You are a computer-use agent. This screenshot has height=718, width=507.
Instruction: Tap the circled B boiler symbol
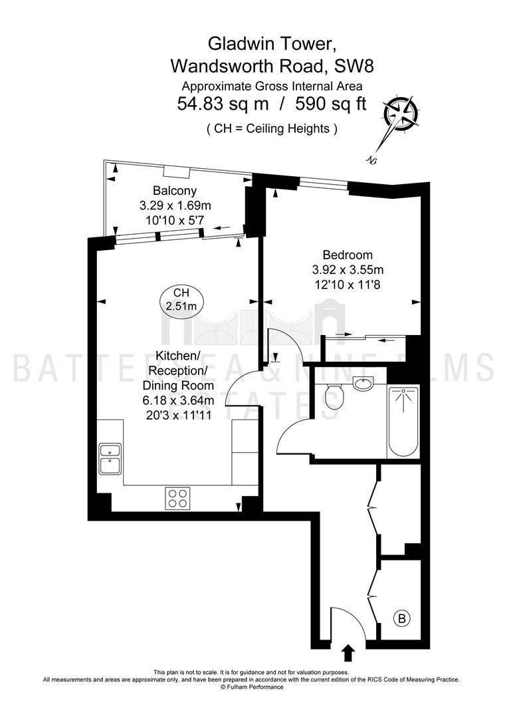tap(402, 619)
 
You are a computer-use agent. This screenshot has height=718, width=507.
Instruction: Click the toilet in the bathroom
tap(334, 396)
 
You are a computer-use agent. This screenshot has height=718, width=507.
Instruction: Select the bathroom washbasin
tap(363, 383)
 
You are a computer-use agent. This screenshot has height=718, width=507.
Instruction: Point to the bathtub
tap(403, 421)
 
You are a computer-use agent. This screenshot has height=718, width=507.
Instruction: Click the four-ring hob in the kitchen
tap(178, 498)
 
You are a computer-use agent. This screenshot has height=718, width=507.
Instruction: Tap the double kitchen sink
tap(110, 458)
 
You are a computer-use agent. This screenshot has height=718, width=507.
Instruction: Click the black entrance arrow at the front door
tap(348, 653)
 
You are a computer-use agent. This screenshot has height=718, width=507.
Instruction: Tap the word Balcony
tap(175, 191)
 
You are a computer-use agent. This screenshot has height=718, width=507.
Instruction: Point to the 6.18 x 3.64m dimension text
tap(179, 401)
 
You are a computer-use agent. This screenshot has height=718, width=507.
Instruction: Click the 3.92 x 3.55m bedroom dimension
tap(348, 270)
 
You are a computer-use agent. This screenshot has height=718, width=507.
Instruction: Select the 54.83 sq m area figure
tap(223, 104)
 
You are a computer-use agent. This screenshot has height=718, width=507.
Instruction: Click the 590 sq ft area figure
tap(331, 104)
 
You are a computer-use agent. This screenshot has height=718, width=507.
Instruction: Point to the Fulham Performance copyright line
tap(252, 699)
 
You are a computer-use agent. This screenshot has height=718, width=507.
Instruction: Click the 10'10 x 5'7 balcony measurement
tap(175, 220)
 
